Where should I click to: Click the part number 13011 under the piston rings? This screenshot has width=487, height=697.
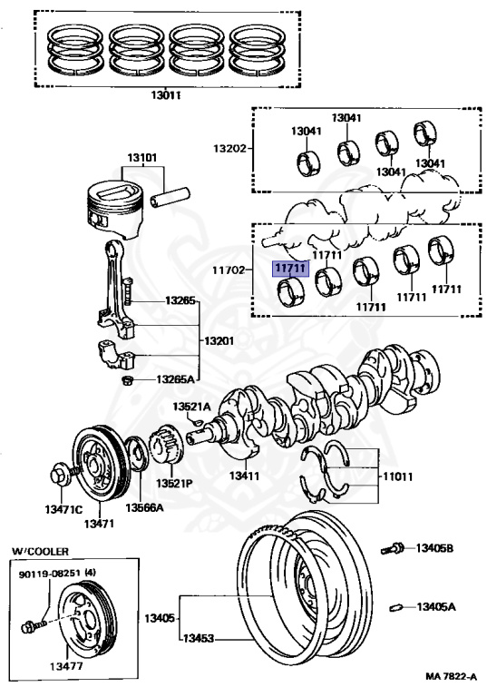tap(165, 94)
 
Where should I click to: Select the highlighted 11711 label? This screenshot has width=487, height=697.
tap(290, 269)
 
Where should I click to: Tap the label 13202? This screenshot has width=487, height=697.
tap(229, 148)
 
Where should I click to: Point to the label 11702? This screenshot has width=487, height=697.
tap(229, 270)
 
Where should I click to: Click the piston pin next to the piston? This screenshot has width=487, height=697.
tap(170, 198)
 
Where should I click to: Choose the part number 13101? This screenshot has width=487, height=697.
tap(142, 158)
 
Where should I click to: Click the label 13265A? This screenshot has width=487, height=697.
tap(175, 379)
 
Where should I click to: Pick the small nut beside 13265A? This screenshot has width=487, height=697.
tap(128, 381)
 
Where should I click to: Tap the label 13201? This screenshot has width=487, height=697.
tap(219, 341)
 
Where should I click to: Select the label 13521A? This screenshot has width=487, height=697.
tap(191, 407)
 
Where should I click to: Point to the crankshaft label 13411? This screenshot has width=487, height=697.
tap(244, 476)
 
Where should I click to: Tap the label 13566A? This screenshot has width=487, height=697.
tap(144, 507)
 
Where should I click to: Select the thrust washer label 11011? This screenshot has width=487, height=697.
tap(398, 476)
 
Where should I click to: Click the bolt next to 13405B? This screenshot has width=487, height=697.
tap(392, 549)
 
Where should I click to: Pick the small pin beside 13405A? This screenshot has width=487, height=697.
tap(396, 607)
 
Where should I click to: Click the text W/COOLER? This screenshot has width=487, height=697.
tap(40, 552)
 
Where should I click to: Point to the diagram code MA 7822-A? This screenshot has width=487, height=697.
tap(451, 676)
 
